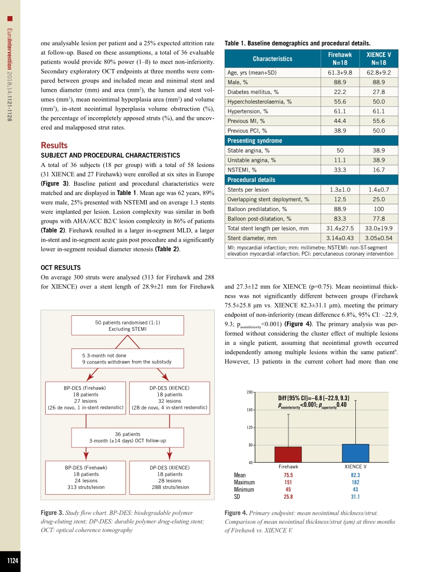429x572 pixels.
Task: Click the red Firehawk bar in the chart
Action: pyautogui.click(x=288, y=454)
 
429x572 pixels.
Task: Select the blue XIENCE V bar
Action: pyautogui.click(x=355, y=453)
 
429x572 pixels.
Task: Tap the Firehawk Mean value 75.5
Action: pyautogui.click(x=288, y=475)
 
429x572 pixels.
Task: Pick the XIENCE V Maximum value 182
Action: pyautogui.click(x=355, y=482)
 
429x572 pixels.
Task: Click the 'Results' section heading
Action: pyautogui.click(x=54, y=145)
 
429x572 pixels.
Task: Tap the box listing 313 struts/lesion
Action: pyautogui.click(x=86, y=480)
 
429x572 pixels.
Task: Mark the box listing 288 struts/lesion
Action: pyautogui.click(x=170, y=480)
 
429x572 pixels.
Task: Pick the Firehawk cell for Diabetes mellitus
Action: pyautogui.click(x=340, y=92)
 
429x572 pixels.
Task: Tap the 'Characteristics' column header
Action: pyautogui.click(x=272, y=59)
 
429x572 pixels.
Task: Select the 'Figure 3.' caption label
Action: pyautogui.click(x=52, y=512)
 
